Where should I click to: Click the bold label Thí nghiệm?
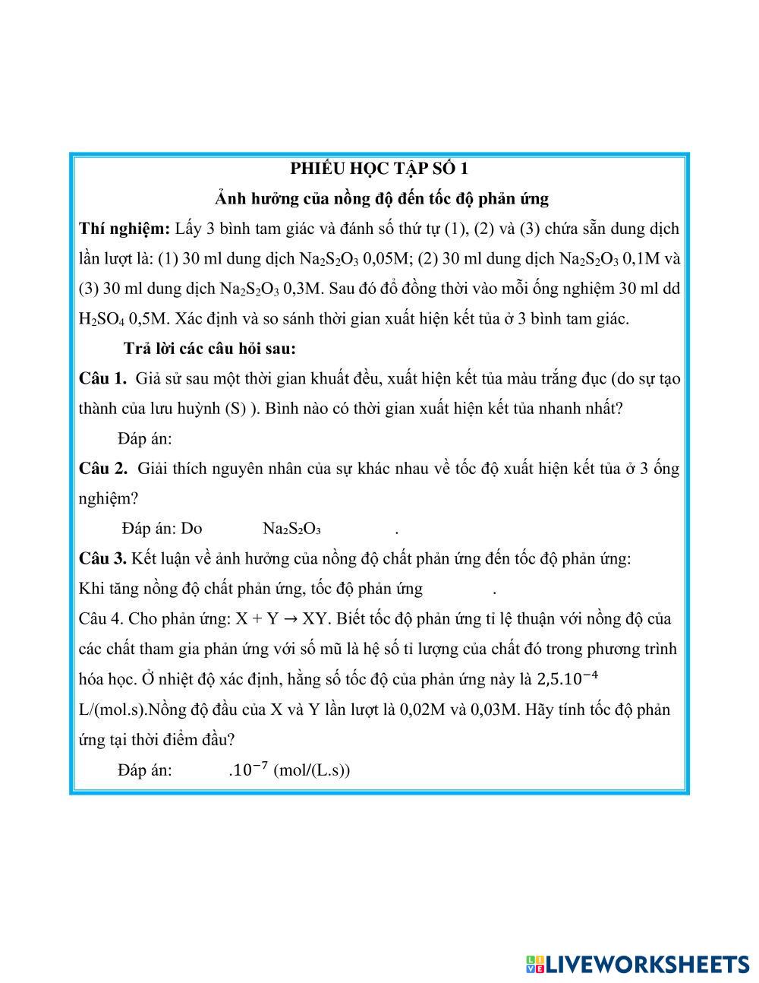coord(124,229)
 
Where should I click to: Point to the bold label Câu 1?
coord(102,378)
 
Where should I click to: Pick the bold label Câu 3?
coord(102,559)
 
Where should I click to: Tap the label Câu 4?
coord(101,619)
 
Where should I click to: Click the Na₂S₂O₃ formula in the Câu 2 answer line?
coord(291,529)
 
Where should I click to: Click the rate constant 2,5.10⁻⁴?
coord(562,678)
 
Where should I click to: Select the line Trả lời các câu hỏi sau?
coord(209,349)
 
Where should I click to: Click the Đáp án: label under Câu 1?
coord(145,439)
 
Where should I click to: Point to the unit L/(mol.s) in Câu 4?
coord(112,710)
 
